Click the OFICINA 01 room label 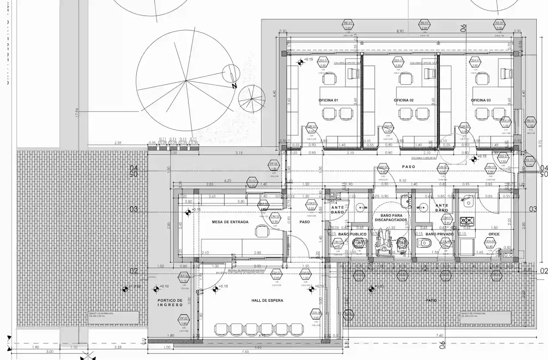coord(328,100)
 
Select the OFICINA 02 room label coord(403,100)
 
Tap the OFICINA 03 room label coord(481,100)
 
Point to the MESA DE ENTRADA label coord(230,222)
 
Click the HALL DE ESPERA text coord(267,300)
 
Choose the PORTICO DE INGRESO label coord(170,303)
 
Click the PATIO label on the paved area coord(431,300)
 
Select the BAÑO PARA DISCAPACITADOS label coord(391,218)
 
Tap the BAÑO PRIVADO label coord(439,234)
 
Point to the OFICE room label coord(494,234)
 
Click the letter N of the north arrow coord(234,86)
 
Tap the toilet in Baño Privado coord(425,243)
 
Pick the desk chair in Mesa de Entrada coord(261,231)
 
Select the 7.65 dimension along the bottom coord(245,352)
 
